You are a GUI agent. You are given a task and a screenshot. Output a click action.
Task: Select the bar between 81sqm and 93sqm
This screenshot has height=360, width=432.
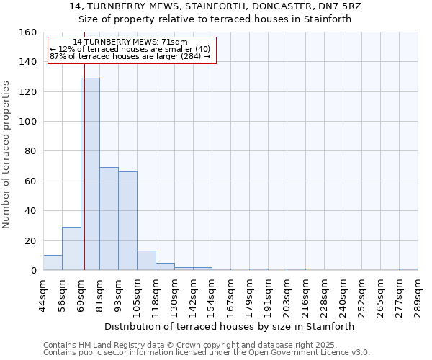click(109, 219)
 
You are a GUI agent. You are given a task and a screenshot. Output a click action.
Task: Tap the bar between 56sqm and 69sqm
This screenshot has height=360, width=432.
click(71, 248)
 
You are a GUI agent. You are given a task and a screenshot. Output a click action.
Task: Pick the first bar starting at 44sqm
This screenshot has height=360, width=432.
click(53, 263)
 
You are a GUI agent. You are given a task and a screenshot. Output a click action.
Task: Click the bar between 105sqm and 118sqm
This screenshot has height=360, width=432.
click(146, 261)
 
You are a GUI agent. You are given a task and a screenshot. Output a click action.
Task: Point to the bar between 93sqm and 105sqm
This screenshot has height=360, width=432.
click(127, 221)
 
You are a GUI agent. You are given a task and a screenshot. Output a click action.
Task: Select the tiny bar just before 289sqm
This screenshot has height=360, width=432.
click(408, 269)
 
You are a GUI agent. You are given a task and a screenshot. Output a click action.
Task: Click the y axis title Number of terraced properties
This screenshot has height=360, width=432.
click(7, 154)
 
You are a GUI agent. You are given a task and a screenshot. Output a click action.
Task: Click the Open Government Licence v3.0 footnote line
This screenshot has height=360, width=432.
click(207, 353)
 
